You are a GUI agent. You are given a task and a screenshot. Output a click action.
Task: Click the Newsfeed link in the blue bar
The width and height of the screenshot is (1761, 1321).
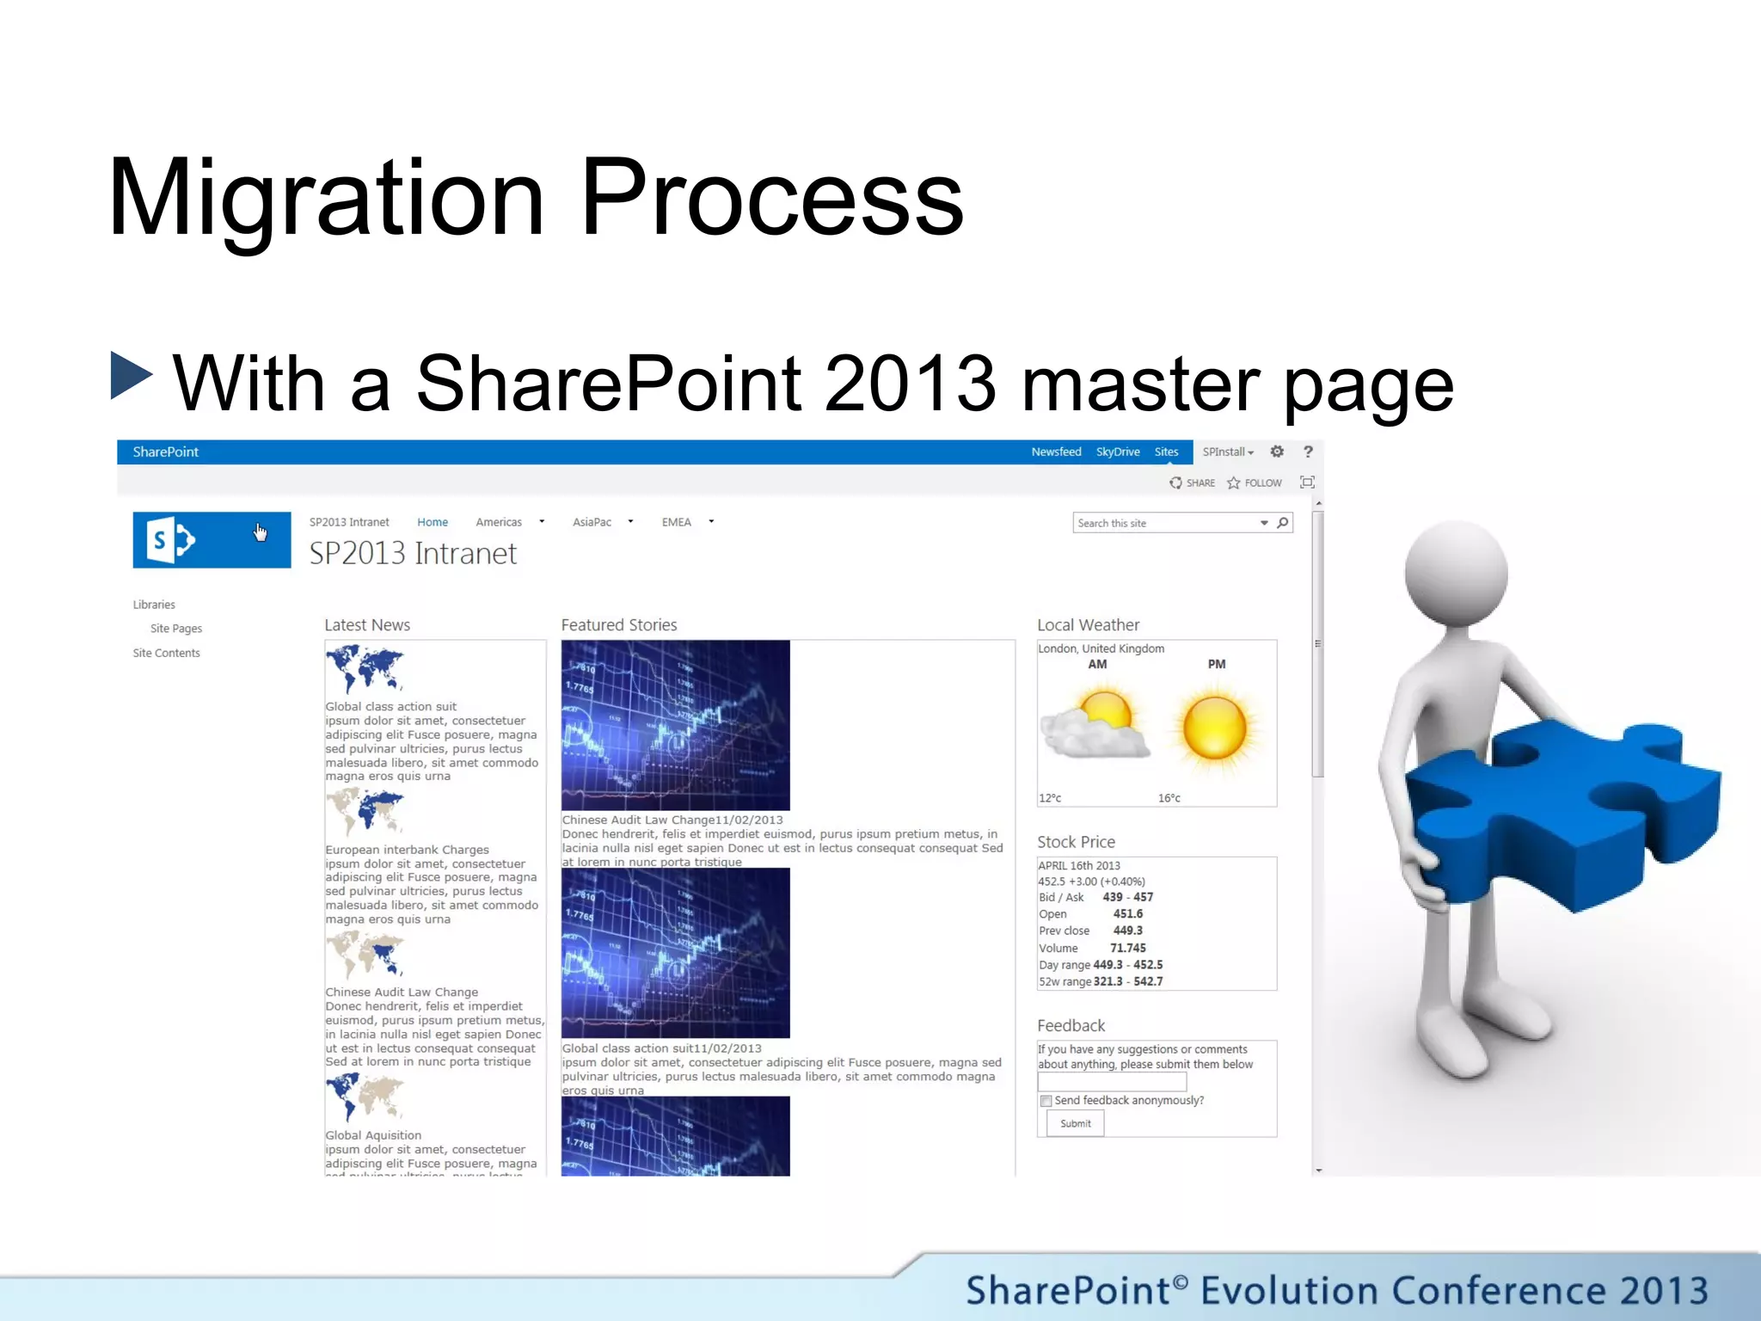coord(1056,452)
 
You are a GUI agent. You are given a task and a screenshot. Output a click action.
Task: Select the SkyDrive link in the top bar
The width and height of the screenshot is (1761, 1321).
coord(1117,452)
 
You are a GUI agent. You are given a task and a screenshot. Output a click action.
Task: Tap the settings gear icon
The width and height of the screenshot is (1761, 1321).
coord(1277,452)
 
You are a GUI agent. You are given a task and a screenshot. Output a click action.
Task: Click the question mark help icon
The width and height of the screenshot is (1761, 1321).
coord(1308,452)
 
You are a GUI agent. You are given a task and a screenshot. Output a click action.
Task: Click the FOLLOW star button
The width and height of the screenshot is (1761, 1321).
coord(1255,482)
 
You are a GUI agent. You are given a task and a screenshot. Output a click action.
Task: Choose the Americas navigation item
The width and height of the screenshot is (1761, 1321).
coord(499,522)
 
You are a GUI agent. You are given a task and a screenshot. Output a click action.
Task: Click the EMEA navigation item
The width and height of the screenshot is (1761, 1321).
coord(676,522)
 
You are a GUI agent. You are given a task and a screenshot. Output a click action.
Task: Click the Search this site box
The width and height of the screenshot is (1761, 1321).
coord(1161,523)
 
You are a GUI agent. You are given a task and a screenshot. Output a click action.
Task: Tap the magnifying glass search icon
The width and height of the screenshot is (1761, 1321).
coord(1283,523)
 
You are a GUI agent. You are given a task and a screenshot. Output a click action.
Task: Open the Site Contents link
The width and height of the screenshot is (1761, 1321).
coord(166,653)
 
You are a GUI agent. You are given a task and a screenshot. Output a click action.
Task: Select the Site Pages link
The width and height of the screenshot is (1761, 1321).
coord(176,629)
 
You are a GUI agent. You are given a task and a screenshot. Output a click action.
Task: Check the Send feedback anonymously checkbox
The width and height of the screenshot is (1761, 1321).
coord(1046,1101)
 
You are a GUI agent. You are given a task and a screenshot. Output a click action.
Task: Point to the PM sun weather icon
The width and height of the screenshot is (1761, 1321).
coord(1214,728)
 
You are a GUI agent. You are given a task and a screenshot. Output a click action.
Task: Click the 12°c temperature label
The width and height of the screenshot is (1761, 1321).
coord(1050,798)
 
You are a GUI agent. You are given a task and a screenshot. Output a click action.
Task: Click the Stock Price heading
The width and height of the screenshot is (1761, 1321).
coord(1076,842)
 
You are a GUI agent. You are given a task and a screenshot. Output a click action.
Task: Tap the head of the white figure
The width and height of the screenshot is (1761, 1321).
coord(1455,572)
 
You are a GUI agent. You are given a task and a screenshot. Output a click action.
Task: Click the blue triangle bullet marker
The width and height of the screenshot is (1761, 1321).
coord(131,376)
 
